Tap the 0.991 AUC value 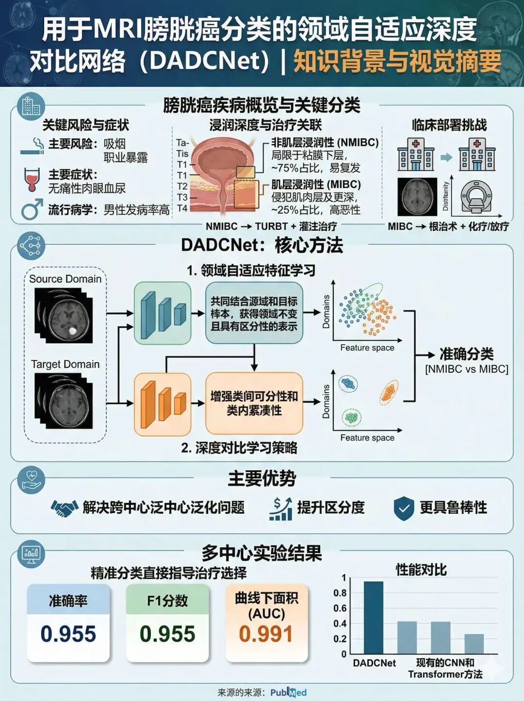pyautogui.click(x=266, y=634)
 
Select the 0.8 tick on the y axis pyautogui.click(x=340, y=593)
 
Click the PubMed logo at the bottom pyautogui.click(x=288, y=692)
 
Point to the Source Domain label pyautogui.click(x=65, y=279)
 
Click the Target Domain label pyautogui.click(x=65, y=364)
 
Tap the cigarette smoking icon pyautogui.click(x=33, y=146)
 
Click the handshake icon pyautogui.click(x=65, y=508)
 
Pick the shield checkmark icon pyautogui.click(x=403, y=508)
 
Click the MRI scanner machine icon pyautogui.click(x=476, y=198)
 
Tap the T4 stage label pyautogui.click(x=182, y=208)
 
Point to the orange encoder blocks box pyautogui.click(x=163, y=404)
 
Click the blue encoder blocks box pyautogui.click(x=163, y=313)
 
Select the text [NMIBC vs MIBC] pyautogui.click(x=466, y=369)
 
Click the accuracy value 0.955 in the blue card pyautogui.click(x=68, y=634)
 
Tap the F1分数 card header pyautogui.click(x=167, y=601)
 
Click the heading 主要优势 pyautogui.click(x=262, y=478)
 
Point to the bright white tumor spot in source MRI pyautogui.click(x=73, y=331)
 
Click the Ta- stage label pyautogui.click(x=182, y=143)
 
